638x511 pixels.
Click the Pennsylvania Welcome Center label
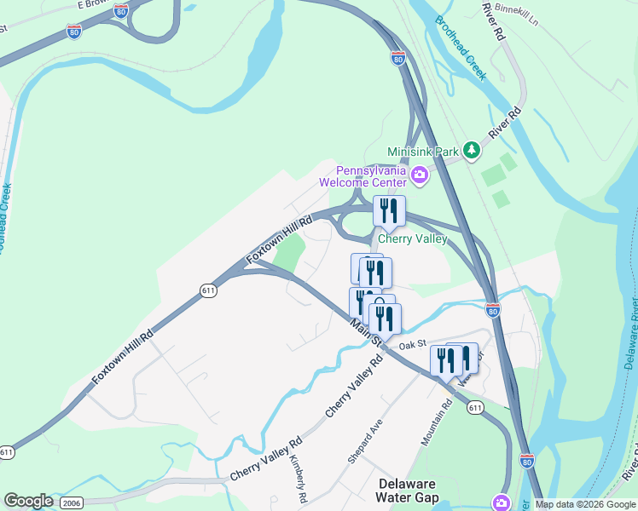click(x=362, y=175)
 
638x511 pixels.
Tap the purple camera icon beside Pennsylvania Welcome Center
click(x=420, y=176)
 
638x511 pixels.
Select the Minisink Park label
click(x=423, y=151)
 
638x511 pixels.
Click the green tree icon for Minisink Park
click(x=472, y=151)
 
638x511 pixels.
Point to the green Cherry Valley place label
click(x=412, y=239)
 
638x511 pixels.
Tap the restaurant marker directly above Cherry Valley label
click(x=389, y=210)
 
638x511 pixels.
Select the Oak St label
click(x=412, y=344)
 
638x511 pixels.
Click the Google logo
click(x=28, y=501)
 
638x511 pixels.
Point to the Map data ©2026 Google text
click(x=586, y=504)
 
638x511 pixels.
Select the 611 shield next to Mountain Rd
click(x=476, y=409)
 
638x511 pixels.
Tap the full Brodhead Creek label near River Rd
click(x=461, y=49)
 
